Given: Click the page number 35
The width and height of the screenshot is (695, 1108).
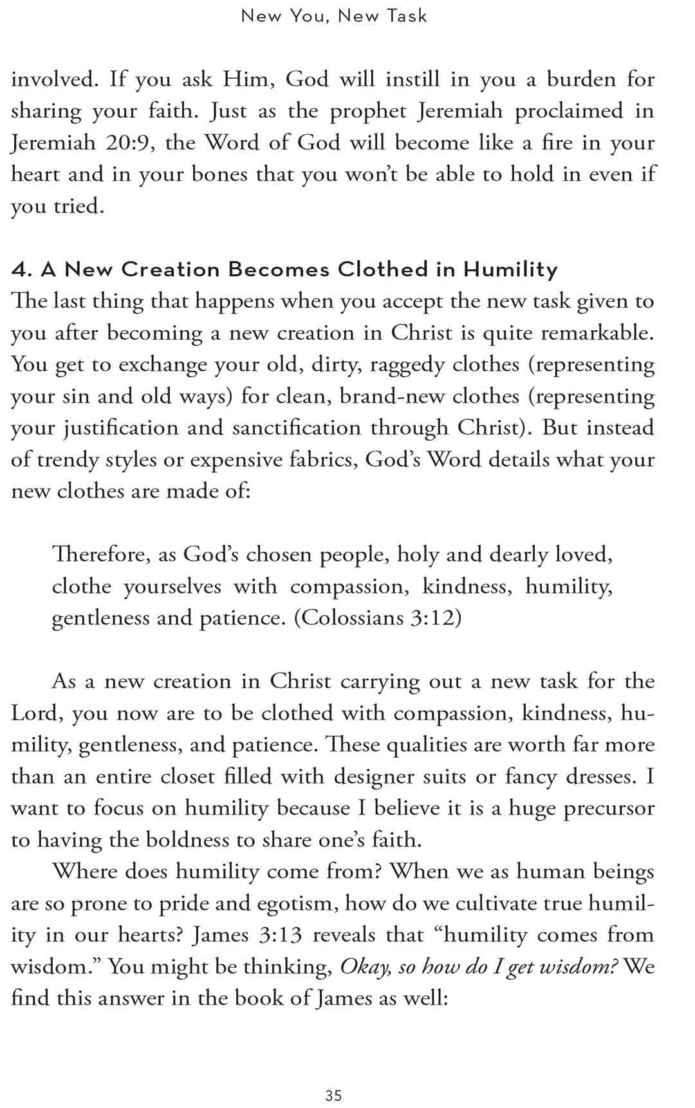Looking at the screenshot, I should pos(333,1095).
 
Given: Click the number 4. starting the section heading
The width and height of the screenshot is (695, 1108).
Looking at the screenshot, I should pos(22,269).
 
